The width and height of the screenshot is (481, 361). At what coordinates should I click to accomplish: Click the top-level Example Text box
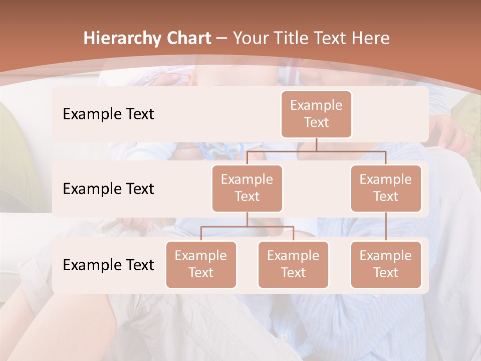pos(316,114)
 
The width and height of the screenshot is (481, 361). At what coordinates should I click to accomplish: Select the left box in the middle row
pos(247,188)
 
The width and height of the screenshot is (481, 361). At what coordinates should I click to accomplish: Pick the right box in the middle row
pos(385,188)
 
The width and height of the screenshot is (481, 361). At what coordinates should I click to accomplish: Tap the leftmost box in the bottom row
pos(201,264)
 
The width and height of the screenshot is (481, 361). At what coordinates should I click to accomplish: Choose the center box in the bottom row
pos(293,264)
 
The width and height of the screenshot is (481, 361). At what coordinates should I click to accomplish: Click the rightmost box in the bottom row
pos(385,264)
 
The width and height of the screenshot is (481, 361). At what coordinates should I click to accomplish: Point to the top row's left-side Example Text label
pos(108,114)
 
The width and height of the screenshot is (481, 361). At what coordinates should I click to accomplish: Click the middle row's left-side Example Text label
pos(108,189)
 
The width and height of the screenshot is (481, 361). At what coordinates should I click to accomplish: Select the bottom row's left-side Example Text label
pos(108,265)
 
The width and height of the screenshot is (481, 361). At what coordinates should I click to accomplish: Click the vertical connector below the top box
pos(316,144)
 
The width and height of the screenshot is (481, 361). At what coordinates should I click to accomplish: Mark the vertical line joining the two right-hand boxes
pos(386,227)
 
